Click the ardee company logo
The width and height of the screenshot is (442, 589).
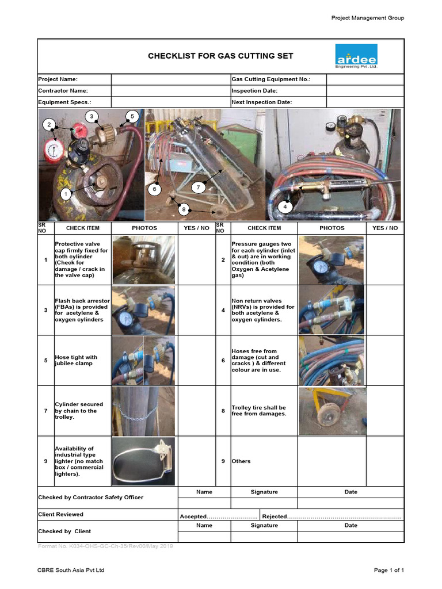point(356,56)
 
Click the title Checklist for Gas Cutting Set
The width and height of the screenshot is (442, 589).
point(220,56)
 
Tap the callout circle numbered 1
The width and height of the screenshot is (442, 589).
point(66,194)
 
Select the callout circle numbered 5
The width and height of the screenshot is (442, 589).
point(132,117)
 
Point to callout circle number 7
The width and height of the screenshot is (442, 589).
point(197,188)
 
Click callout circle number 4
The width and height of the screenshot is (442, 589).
point(285,206)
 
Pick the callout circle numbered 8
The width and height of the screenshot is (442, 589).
point(184,210)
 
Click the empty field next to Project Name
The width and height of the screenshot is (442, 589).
point(170,79)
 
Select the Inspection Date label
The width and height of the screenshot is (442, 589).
point(254,91)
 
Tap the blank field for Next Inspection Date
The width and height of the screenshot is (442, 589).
point(365,102)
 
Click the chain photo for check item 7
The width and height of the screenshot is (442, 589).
point(143,411)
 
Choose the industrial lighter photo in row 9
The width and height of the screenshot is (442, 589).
point(143,461)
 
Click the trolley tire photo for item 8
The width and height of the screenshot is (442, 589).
point(332,411)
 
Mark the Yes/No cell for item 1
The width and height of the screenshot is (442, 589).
point(196,260)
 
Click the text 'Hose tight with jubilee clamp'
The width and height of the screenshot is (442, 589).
point(76,360)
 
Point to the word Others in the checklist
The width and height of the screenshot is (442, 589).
point(241,461)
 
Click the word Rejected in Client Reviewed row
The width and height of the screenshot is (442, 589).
point(274,517)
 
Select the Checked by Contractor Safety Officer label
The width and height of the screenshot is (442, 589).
point(90,497)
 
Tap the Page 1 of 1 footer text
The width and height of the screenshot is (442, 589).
point(389,570)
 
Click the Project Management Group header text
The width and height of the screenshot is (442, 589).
point(367,18)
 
